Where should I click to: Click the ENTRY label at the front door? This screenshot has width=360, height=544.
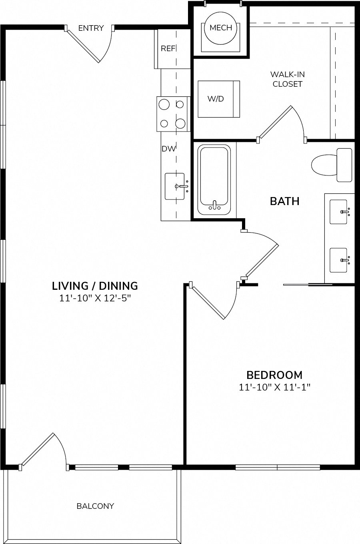click(91, 28)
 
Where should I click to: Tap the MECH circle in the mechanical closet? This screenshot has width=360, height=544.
click(221, 28)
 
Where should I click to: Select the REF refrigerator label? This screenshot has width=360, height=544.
click(168, 49)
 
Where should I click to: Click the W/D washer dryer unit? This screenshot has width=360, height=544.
click(219, 99)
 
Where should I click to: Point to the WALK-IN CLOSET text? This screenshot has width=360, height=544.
click(288, 79)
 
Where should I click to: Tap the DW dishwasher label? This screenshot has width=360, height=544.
click(168, 149)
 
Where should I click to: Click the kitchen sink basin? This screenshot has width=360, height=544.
click(174, 186)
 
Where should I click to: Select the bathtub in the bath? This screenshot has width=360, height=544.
click(214, 180)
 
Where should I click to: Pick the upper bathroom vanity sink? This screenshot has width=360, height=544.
click(338, 212)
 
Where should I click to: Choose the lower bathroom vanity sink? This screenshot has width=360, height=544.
click(338, 260)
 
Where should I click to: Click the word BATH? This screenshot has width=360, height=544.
click(285, 201)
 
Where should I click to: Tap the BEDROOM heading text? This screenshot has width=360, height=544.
click(274, 375)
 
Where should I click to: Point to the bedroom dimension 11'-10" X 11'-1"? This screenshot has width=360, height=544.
click(275, 387)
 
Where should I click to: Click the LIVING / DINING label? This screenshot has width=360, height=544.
click(95, 286)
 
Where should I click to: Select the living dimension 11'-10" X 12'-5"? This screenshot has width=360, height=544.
click(95, 298)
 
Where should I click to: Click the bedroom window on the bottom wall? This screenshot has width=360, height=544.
click(278, 468)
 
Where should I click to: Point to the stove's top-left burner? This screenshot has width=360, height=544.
click(164, 104)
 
